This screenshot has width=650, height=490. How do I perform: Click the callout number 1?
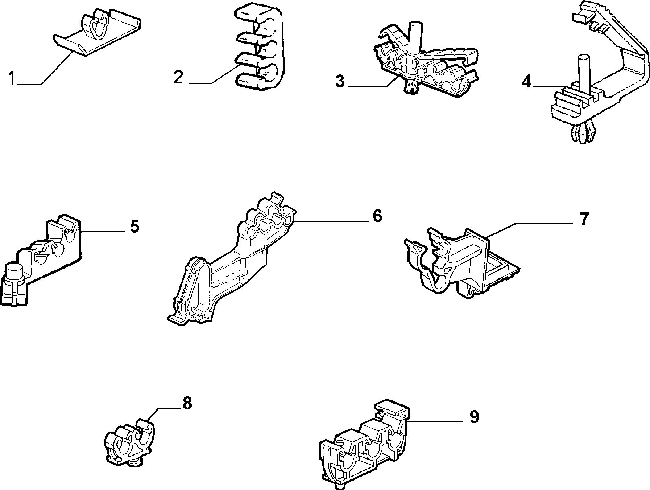[12, 78]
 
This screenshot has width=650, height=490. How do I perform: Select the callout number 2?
[178, 77]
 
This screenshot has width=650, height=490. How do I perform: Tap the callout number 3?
[340, 81]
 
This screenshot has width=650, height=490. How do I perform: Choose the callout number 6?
[377, 216]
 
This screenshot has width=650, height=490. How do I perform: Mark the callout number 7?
[583, 219]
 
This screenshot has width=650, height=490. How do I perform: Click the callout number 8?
[187, 403]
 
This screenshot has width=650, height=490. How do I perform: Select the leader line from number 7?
[531, 231]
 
